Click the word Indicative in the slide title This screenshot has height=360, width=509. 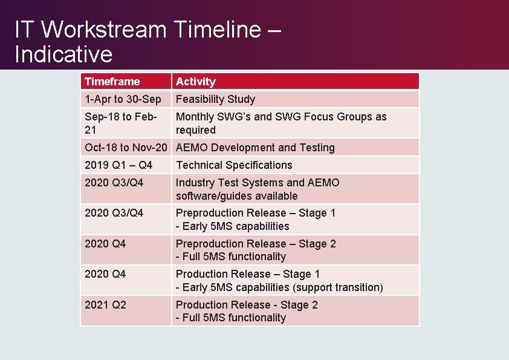(x=63, y=54)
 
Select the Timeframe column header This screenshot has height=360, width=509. (x=112, y=82)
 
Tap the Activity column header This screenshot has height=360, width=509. (x=195, y=82)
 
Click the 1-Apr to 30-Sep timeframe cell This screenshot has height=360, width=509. (x=123, y=99)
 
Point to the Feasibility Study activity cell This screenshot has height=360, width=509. (x=215, y=99)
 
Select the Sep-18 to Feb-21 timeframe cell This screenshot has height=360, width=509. (x=121, y=123)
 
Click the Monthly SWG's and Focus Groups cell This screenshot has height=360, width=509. (x=280, y=123)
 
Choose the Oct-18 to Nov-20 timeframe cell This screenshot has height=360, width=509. (x=126, y=148)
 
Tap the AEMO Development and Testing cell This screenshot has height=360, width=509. (x=254, y=148)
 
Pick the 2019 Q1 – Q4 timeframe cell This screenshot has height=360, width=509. (x=118, y=165)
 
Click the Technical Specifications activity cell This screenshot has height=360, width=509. (x=234, y=165)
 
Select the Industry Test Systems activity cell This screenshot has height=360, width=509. (x=258, y=189)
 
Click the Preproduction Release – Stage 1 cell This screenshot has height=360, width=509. (x=255, y=219)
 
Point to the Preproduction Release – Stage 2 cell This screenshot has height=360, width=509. (x=255, y=250)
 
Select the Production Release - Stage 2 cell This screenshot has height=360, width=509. (x=247, y=311)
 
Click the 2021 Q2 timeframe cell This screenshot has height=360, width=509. (x=106, y=305)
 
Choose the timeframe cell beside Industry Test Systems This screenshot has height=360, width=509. (x=114, y=183)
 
